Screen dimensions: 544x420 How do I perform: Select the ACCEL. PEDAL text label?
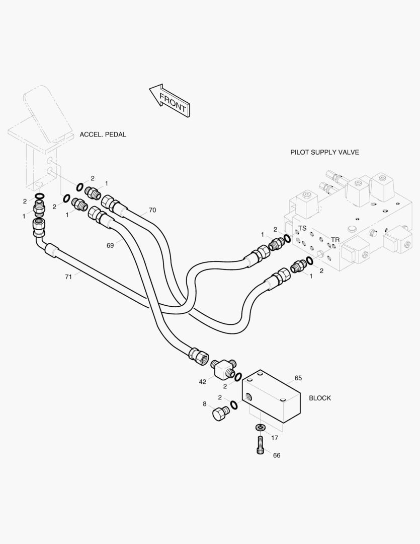pos(103,134)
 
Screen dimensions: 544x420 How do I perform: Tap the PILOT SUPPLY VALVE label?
pos(324,152)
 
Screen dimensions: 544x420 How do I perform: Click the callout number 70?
pos(152,210)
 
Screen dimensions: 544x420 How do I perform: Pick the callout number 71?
pos(68,277)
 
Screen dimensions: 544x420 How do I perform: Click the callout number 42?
pos(202,382)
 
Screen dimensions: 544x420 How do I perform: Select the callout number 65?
pos(298,378)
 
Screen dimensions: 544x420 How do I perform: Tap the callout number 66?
pos(277,455)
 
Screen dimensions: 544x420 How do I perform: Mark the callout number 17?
pos(275,438)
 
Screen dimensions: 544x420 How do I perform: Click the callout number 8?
pos(205,403)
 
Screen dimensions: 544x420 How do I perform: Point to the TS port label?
pos(302,228)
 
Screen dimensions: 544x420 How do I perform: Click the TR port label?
pos(335,239)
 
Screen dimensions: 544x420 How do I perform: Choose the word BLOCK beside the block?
pos(320,398)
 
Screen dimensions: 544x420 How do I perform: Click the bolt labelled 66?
pos(260,445)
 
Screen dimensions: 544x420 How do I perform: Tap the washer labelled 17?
pos(260,428)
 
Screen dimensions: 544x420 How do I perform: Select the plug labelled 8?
pos(220,414)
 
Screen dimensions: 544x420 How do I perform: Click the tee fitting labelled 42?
pos(222,370)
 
